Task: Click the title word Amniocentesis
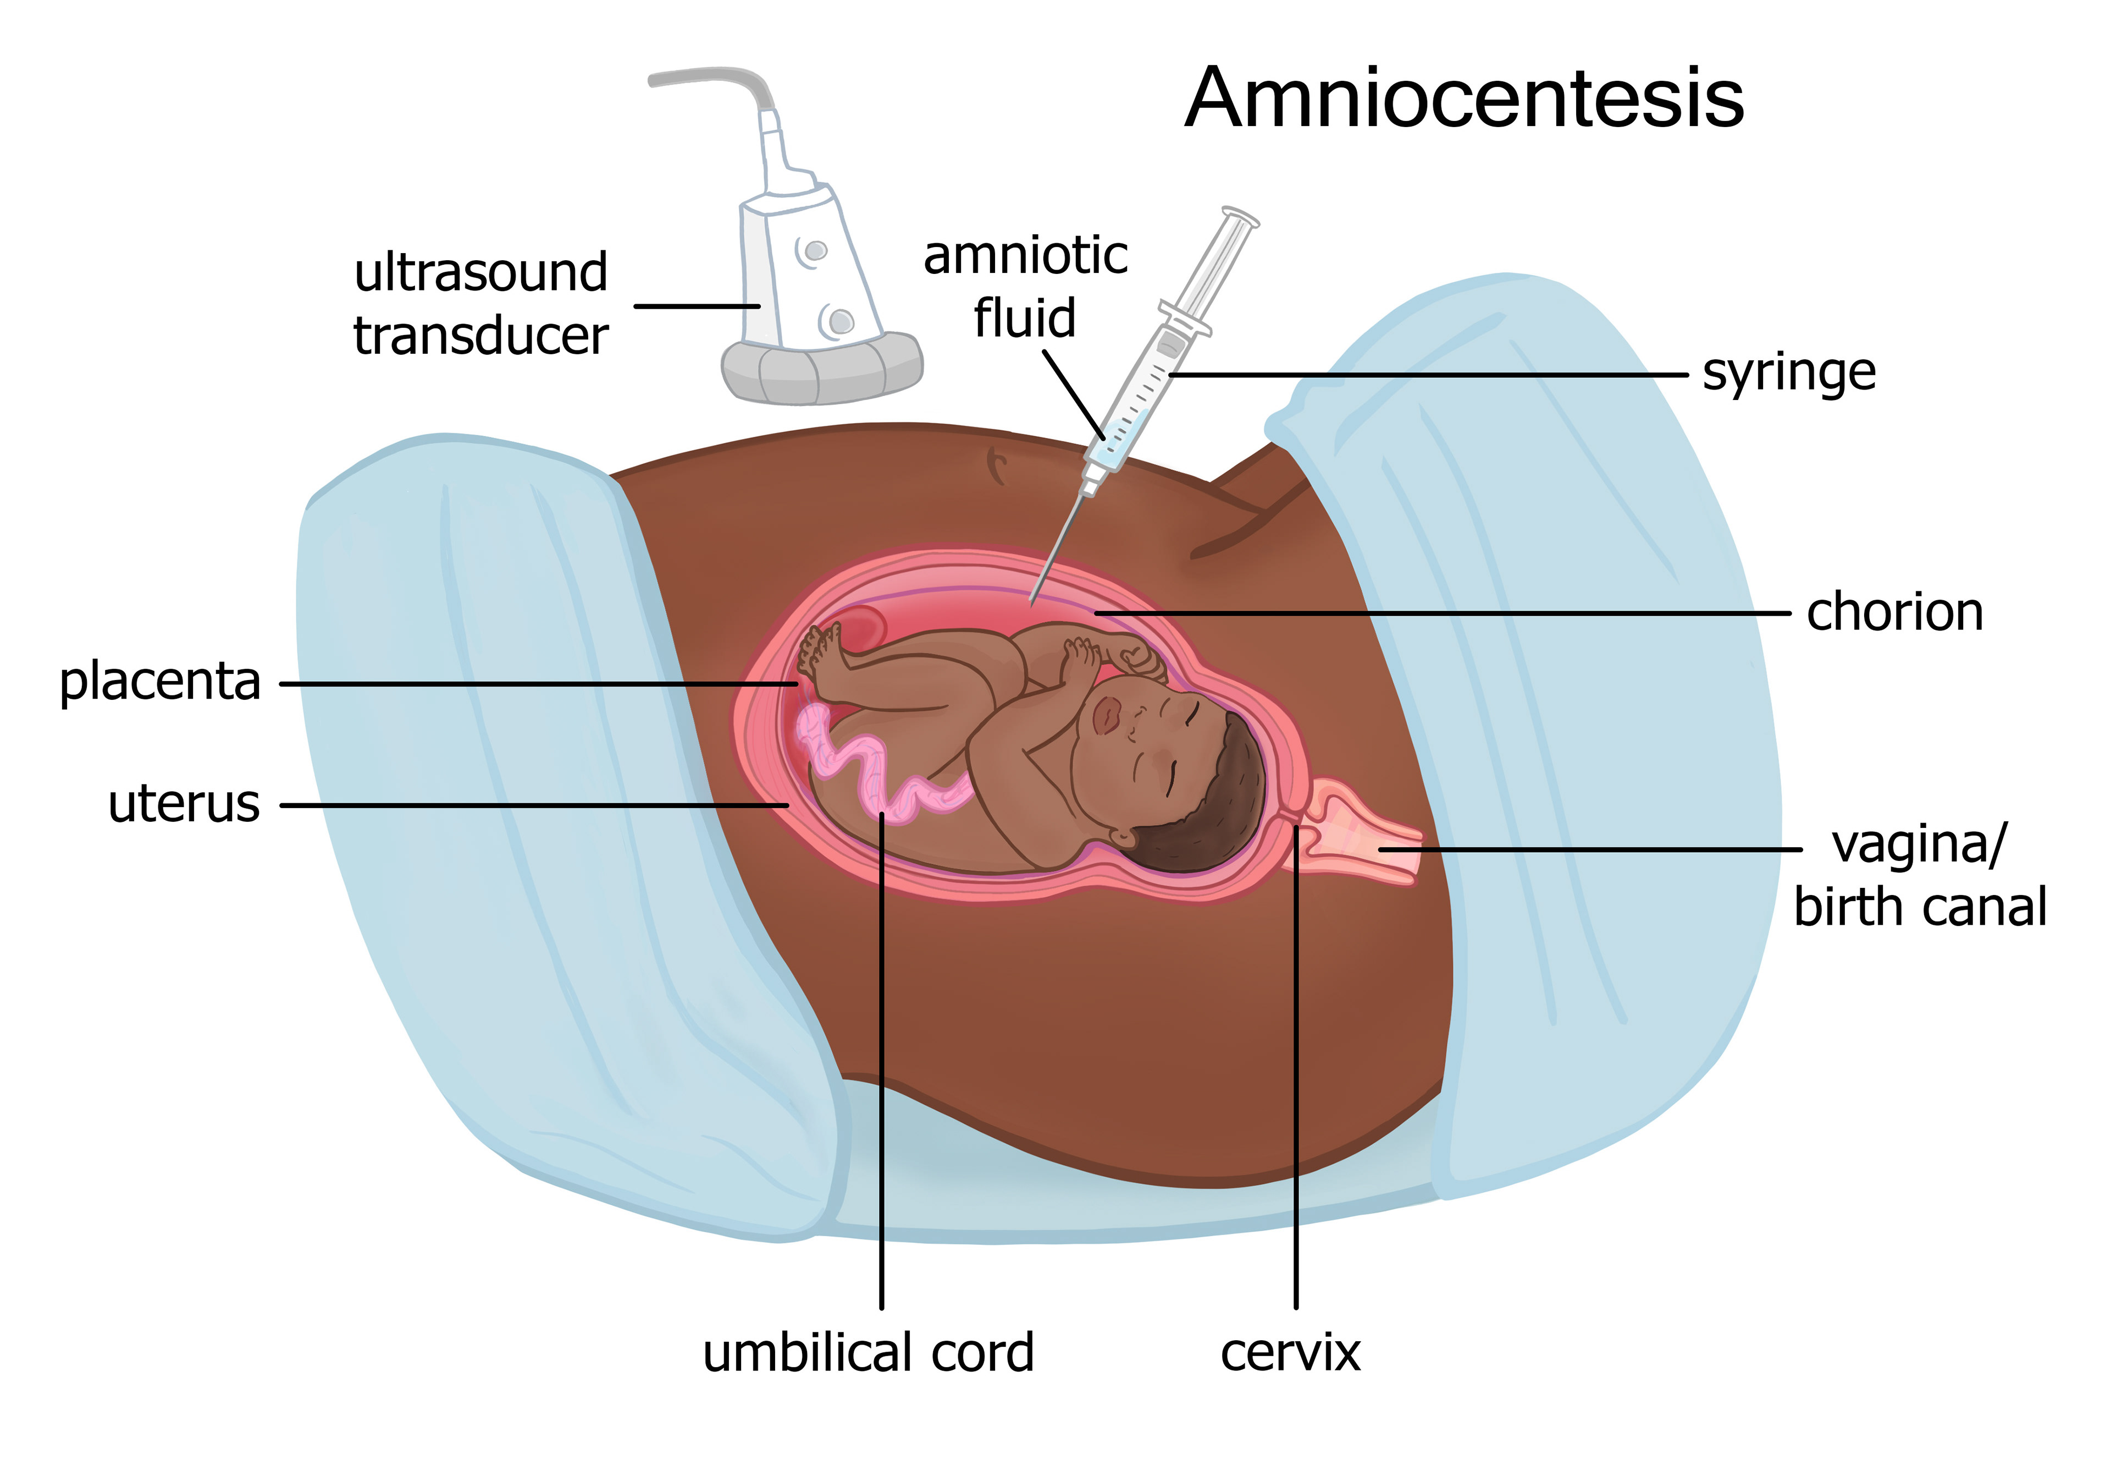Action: pos(1464,100)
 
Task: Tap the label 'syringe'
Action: pos(1788,374)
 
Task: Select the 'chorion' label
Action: pos(1894,613)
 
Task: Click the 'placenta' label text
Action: pos(160,683)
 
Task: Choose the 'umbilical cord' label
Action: pos(868,1353)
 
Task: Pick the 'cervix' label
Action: pos(1290,1353)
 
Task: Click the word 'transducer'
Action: pos(481,336)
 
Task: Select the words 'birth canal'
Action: pos(1920,907)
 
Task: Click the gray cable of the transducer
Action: pos(717,78)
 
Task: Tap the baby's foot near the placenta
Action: pos(819,649)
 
